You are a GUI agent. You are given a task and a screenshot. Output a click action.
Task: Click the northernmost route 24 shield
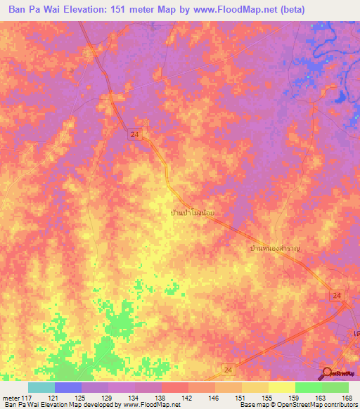tap(134, 133)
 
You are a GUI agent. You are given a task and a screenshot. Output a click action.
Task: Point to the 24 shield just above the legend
tap(227, 368)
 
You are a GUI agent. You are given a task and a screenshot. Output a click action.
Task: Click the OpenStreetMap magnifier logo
tap(328, 373)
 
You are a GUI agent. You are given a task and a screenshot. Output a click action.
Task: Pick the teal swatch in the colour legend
tap(41, 387)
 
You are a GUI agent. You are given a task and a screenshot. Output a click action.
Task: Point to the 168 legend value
tap(346, 397)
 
